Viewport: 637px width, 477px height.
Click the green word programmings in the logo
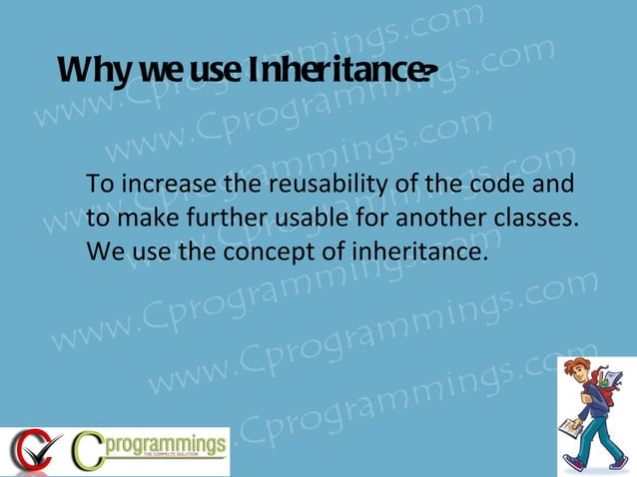click(166, 443)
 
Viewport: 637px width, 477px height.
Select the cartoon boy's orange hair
click(580, 369)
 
